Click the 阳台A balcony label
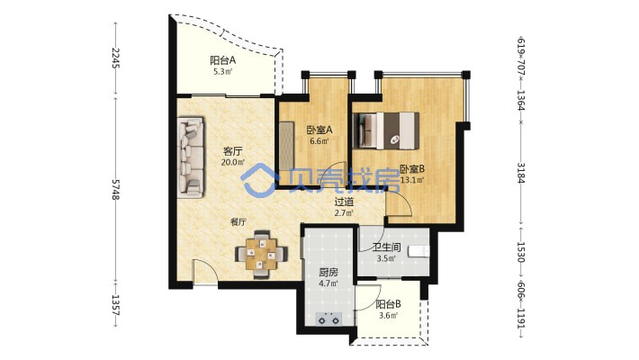point(223,60)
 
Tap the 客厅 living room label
point(233,151)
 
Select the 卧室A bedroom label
point(319,130)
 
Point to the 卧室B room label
point(412,169)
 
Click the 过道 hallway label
point(344,202)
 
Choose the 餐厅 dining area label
point(238,222)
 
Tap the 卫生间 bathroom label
point(386,247)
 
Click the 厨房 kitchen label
point(328,272)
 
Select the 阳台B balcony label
point(389,304)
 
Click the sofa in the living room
point(191,158)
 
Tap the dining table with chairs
point(261,256)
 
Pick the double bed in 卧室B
point(386,130)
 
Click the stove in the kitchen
point(329,319)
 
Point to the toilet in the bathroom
point(418,251)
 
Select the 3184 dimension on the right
point(521,173)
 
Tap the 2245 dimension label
point(115,58)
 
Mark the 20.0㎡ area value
point(233,162)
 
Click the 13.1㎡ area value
point(412,180)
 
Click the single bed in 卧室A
point(287,146)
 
